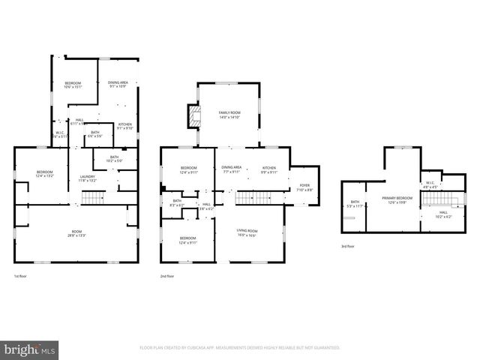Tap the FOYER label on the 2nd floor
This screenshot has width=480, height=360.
tap(304, 185)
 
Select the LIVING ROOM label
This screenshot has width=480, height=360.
tap(247, 231)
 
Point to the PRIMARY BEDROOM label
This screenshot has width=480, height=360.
tap(397, 199)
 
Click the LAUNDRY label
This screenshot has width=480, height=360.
tap(88, 177)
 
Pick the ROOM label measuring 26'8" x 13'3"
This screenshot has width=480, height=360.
tap(76, 231)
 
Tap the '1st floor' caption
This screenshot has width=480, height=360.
tap(21, 277)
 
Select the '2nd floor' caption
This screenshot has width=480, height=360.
tap(167, 277)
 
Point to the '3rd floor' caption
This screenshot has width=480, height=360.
tap(347, 247)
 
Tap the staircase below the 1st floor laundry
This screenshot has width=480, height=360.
tap(91, 198)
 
